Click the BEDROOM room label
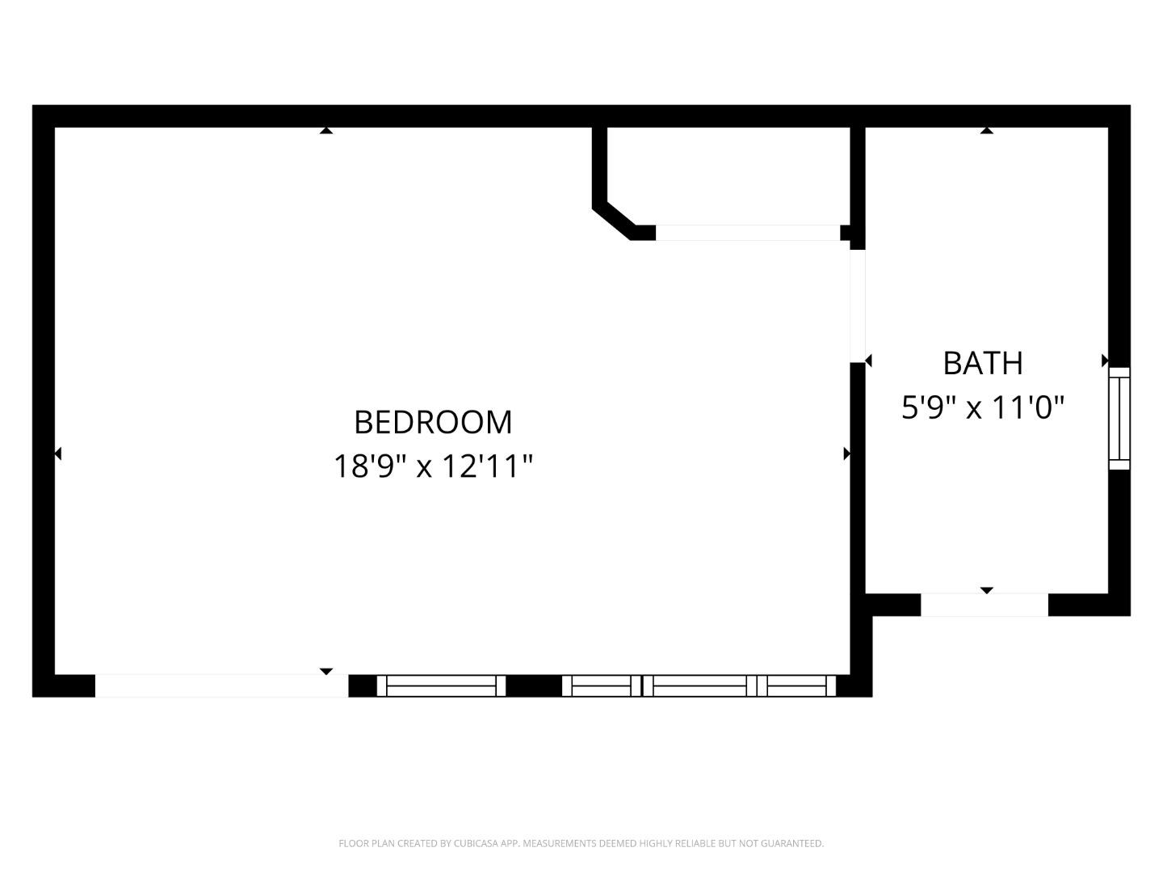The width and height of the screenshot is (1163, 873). tap(433, 422)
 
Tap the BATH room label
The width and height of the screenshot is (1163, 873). tap(983, 363)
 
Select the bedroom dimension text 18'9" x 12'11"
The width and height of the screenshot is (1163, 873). tap(434, 466)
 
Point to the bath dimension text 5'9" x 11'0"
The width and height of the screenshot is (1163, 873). tap(983, 407)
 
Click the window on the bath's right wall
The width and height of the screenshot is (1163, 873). tap(1119, 418)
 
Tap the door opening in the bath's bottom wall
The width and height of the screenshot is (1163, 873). tap(985, 605)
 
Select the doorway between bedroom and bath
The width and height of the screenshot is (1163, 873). tap(858, 306)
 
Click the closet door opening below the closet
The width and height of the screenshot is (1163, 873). tap(747, 233)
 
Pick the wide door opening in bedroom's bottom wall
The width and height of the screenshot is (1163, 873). tap(221, 685)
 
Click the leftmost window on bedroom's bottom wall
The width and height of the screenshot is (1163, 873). tap(441, 685)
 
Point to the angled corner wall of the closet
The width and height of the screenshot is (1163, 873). tap(613, 218)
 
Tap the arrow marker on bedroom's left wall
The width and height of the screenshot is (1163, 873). tap(57, 453)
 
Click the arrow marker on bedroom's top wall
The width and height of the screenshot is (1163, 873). tap(325, 130)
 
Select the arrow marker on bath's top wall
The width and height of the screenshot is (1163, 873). tap(986, 130)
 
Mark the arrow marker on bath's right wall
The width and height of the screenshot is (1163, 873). tap(1105, 361)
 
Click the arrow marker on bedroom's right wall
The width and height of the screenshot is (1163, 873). tap(846, 453)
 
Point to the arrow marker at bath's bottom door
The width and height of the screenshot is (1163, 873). tap(986, 591)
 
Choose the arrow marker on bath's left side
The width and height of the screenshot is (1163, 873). tap(868, 361)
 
